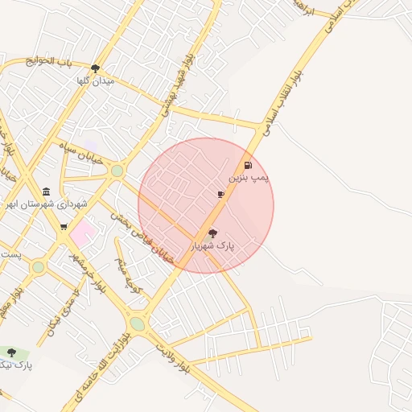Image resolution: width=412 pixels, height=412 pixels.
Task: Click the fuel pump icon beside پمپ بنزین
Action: tap(257, 166)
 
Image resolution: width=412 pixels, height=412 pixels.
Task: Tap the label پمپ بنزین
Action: tap(249, 176)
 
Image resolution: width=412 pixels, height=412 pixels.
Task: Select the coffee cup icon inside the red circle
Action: tap(221, 194)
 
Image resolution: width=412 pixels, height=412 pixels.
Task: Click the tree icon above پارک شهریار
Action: tap(212, 233)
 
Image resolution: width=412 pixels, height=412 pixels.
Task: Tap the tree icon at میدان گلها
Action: tap(96, 68)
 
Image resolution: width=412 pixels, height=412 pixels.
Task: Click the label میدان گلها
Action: tap(95, 80)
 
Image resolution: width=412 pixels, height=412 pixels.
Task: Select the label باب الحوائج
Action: tap(48, 61)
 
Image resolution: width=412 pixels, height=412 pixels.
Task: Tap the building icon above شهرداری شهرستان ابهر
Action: tap(47, 192)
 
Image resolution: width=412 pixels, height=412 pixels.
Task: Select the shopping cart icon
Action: tap(64, 226)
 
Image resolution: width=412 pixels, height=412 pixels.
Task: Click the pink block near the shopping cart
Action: tap(83, 234)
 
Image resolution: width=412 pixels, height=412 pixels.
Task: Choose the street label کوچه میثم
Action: tap(126, 274)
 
